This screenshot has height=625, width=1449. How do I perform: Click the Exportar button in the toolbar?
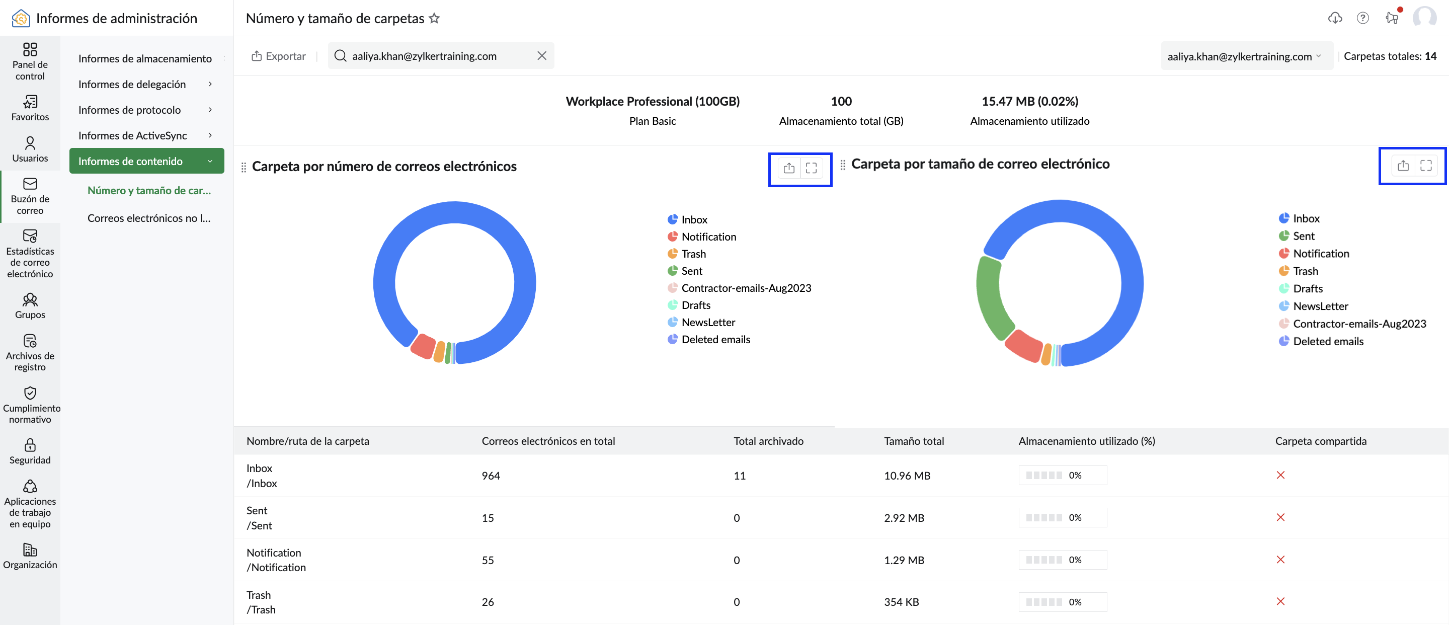click(278, 56)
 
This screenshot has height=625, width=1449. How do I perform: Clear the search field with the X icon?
click(542, 56)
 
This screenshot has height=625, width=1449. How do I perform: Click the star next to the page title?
click(434, 18)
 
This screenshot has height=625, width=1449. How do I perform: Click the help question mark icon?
click(1362, 18)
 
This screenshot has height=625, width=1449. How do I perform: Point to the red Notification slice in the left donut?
click(423, 346)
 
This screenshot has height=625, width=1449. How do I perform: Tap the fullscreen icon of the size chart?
click(1426, 166)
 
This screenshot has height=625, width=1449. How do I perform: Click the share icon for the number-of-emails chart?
click(789, 168)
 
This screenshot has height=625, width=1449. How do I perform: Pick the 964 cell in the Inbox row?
click(491, 476)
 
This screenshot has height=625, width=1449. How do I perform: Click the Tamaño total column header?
click(914, 441)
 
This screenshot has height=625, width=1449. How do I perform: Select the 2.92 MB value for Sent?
click(904, 517)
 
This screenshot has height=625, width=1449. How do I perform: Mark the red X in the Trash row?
click(1280, 601)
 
